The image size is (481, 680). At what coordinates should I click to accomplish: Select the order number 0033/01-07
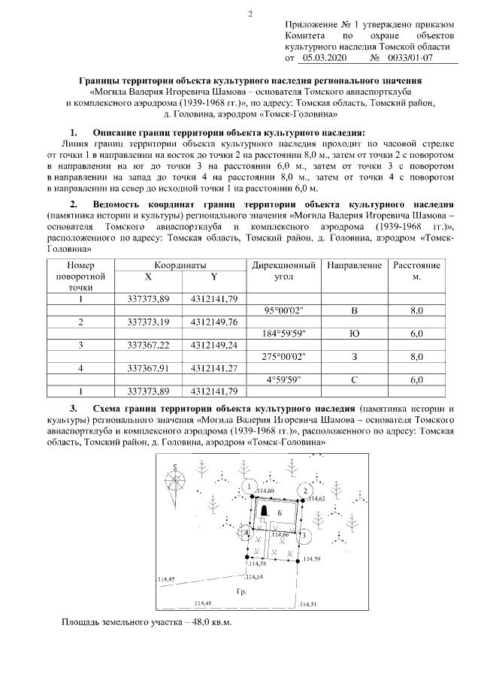pyautogui.click(x=406, y=57)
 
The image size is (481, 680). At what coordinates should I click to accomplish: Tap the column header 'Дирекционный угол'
pyautogui.click(x=283, y=271)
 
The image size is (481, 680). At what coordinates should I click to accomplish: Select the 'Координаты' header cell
pyautogui.click(x=180, y=266)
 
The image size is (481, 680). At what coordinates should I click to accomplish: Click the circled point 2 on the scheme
pyautogui.click(x=304, y=491)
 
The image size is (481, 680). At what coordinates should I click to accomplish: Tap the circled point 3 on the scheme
pyautogui.click(x=304, y=536)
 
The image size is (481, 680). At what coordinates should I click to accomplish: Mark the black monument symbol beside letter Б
pyautogui.click(x=265, y=511)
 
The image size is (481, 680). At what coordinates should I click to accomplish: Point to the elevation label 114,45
pyautogui.click(x=166, y=579)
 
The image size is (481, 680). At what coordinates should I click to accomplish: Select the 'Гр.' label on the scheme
pyautogui.click(x=241, y=593)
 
